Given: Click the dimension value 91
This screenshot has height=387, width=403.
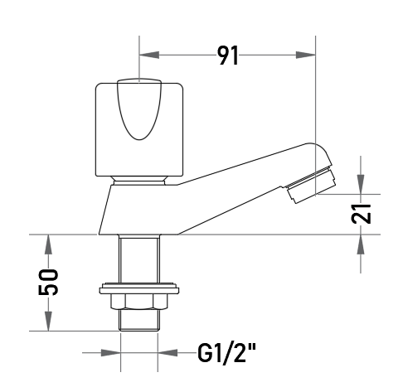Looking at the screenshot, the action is pos(227,56).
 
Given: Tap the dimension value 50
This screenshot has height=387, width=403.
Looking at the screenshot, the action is pos(48,282).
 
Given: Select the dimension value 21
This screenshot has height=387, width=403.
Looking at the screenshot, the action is pos(361,213).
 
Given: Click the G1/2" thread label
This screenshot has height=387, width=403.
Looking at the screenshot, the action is pos(226,352).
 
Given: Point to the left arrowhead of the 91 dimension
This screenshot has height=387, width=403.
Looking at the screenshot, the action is pos(149,55).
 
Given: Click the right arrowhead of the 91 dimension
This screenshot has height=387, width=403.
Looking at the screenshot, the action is pos(305,55).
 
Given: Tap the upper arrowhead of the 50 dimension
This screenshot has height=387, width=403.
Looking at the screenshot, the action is pos(48,244).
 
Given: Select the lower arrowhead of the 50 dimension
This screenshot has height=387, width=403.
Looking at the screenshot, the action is pos(48,321).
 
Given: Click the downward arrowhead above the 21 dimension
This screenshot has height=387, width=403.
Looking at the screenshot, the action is pos(361,184).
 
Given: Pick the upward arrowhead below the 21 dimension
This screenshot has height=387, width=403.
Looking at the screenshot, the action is pos(361,244).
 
